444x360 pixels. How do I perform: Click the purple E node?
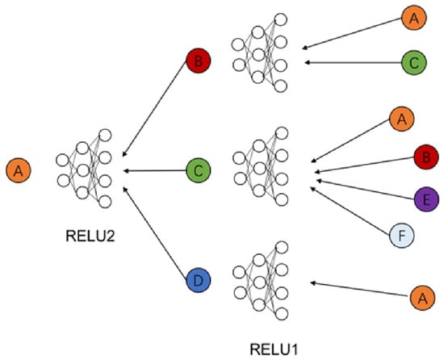tap(426, 199)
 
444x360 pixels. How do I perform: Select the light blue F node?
tap(402, 235)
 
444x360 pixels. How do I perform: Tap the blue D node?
tap(199, 280)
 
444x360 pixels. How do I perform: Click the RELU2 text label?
tap(90, 236)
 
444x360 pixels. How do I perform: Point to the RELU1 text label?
tap(274, 350)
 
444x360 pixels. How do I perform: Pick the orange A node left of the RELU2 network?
tap(19, 170)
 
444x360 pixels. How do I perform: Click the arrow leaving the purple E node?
tap(366, 190)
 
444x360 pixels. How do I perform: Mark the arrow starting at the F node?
tap(350, 211)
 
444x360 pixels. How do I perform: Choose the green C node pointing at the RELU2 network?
tap(199, 170)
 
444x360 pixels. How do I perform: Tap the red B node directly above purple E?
tap(426, 157)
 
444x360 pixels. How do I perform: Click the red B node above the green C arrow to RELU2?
tap(199, 61)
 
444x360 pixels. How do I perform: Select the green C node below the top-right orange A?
tap(413, 62)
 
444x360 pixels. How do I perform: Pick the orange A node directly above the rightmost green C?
tap(413, 18)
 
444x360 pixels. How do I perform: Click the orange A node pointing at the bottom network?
tap(422, 298)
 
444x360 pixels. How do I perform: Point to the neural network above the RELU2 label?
tap(84, 169)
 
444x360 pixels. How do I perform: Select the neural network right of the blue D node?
tap(261, 281)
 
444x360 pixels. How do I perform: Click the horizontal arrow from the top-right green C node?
tap(353, 62)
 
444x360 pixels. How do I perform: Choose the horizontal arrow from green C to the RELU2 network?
tap(155, 170)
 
